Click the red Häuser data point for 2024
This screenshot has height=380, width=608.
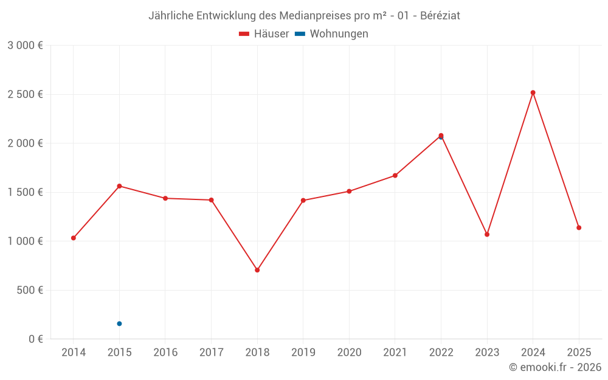tap(533, 92)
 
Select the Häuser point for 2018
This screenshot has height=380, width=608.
tap(257, 270)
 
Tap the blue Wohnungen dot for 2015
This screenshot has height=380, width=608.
tap(119, 323)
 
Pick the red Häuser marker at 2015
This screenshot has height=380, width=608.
tap(119, 186)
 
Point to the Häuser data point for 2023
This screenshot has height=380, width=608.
tap(487, 234)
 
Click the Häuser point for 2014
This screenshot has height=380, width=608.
tap(74, 238)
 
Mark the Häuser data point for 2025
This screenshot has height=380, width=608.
tap(579, 227)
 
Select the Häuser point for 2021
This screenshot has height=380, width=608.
tap(395, 176)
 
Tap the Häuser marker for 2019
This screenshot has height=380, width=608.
tap(303, 200)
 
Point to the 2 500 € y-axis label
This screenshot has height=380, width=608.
tap(25, 94)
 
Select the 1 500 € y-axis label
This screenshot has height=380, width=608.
tap(25, 192)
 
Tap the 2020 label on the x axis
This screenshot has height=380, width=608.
tap(349, 352)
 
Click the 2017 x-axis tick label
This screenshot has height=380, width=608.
tap(211, 352)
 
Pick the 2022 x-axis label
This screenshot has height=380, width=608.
tap(441, 352)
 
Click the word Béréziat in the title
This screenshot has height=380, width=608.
tap(440, 16)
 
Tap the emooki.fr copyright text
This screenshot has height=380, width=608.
tap(555, 367)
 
